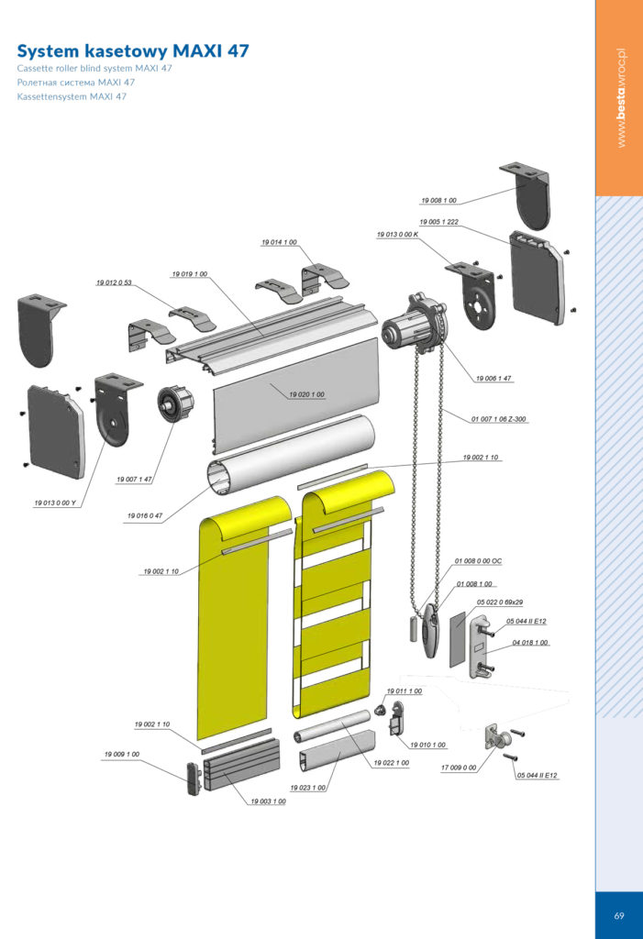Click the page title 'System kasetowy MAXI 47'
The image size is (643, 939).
point(133,51)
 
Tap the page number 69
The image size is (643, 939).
point(619,916)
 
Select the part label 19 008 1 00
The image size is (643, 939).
point(438,201)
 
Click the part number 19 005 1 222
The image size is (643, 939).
point(438,222)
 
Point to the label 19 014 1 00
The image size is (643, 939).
point(279,242)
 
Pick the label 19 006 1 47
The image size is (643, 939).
point(493,379)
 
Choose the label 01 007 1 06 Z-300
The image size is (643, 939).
point(499,419)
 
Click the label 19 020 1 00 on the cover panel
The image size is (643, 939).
point(306,394)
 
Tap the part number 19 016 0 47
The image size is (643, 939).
point(144,515)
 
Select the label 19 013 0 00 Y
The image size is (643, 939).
point(55,503)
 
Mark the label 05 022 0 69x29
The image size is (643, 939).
point(500,602)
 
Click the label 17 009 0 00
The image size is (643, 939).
point(459,768)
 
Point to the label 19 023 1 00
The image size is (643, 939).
point(308,788)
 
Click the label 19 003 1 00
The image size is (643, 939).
point(268,801)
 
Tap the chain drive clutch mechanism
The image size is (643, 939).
point(414,324)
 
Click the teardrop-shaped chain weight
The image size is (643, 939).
point(431,631)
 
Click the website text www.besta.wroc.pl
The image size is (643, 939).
point(621,97)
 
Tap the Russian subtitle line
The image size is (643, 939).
point(76,83)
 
